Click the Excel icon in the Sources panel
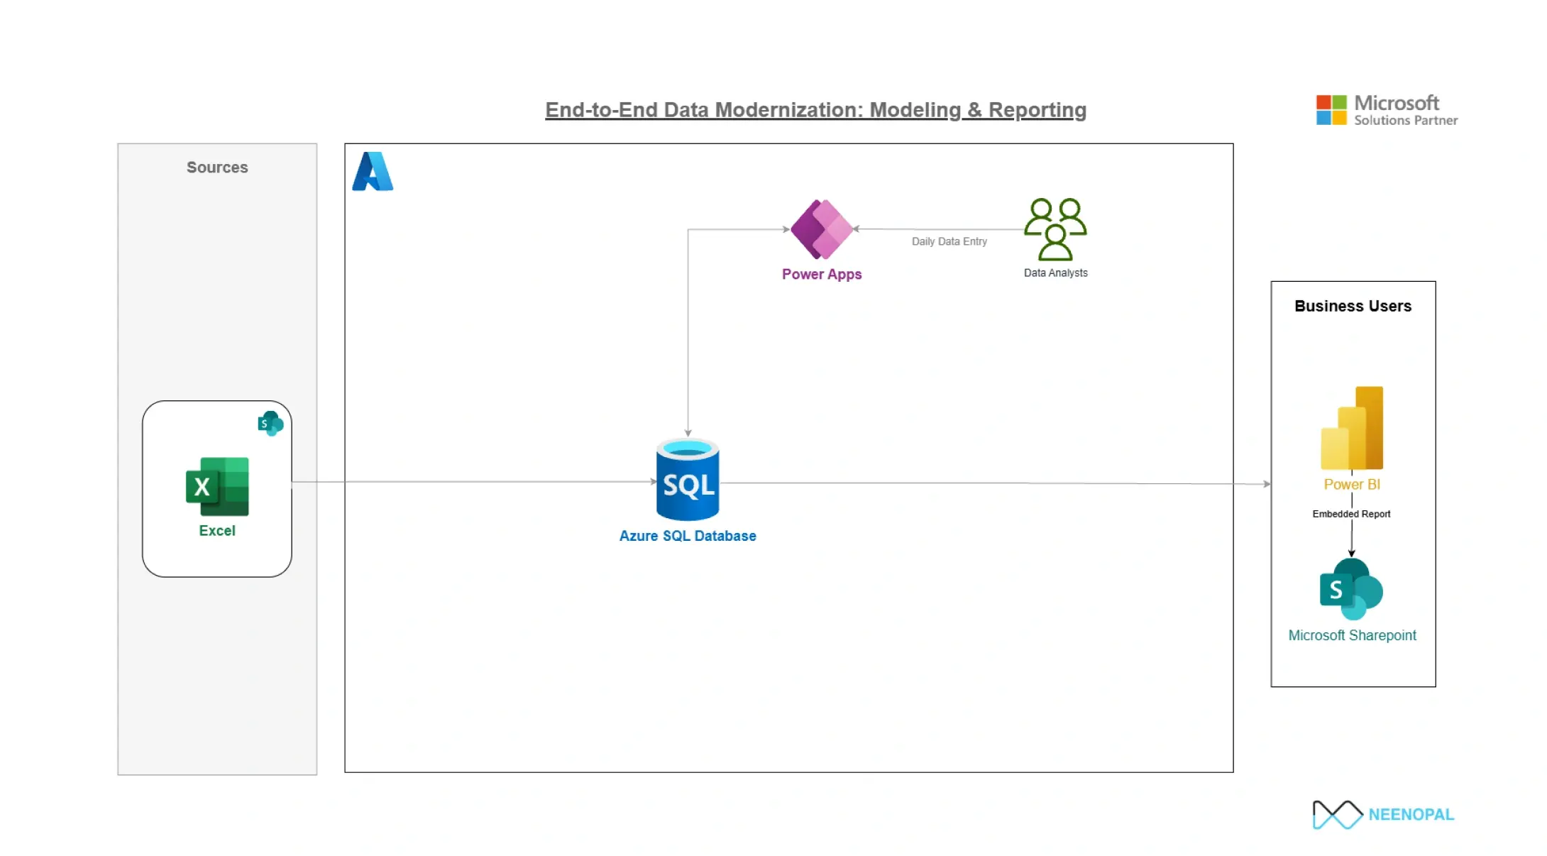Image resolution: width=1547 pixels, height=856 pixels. (x=217, y=486)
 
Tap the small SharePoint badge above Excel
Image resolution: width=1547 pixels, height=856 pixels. (x=270, y=423)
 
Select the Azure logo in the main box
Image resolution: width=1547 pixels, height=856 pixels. (x=373, y=172)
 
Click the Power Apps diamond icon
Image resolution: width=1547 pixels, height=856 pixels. (x=822, y=229)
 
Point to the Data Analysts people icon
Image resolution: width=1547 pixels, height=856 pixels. (x=1055, y=229)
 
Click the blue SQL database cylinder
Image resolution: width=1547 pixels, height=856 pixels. (x=688, y=481)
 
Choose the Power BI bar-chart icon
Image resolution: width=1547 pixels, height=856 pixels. (x=1352, y=428)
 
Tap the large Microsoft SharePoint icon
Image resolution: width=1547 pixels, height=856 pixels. (x=1351, y=589)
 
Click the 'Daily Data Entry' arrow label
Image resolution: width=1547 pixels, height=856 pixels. (x=949, y=242)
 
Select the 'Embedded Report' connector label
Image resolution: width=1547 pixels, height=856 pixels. (x=1351, y=514)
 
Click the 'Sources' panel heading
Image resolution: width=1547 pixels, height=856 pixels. (x=217, y=168)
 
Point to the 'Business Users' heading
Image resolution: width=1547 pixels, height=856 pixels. (x=1353, y=307)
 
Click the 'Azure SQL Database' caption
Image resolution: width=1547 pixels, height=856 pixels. (x=688, y=536)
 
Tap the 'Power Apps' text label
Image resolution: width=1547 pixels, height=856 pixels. (x=822, y=275)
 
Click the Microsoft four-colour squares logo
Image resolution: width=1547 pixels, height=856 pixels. (x=1331, y=110)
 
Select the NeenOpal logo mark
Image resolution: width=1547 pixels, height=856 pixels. (x=1337, y=815)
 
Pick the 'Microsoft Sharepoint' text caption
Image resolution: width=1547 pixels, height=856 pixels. (x=1352, y=636)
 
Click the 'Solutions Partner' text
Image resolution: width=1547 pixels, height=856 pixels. (x=1406, y=121)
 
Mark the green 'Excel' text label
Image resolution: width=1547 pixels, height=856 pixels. (x=217, y=531)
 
